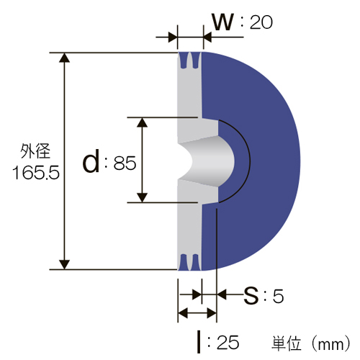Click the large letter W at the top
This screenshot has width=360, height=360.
click(222, 22)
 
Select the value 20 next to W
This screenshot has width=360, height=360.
click(261, 22)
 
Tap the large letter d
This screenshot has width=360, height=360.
click(91, 161)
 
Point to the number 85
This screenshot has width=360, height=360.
click(125, 163)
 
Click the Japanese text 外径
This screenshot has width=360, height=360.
click(35, 151)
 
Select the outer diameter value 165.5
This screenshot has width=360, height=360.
click(36, 173)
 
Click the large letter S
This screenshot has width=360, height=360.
click(251, 296)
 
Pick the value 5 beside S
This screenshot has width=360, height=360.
click(278, 296)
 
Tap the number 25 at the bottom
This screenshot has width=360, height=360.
click(228, 343)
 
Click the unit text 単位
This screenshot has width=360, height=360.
click(287, 343)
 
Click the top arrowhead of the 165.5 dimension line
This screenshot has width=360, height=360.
click(64, 58)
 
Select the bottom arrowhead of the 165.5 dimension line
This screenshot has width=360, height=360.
click(64, 264)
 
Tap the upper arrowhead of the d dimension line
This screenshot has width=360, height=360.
click(143, 122)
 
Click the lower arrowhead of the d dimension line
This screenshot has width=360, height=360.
click(143, 197)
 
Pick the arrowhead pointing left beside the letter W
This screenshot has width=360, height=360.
click(207, 37)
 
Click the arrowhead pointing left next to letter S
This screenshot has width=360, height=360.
click(222, 294)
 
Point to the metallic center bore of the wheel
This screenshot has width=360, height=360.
click(207, 161)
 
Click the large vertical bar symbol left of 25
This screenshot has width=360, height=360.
click(199, 342)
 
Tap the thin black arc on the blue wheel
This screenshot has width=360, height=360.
click(251, 161)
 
